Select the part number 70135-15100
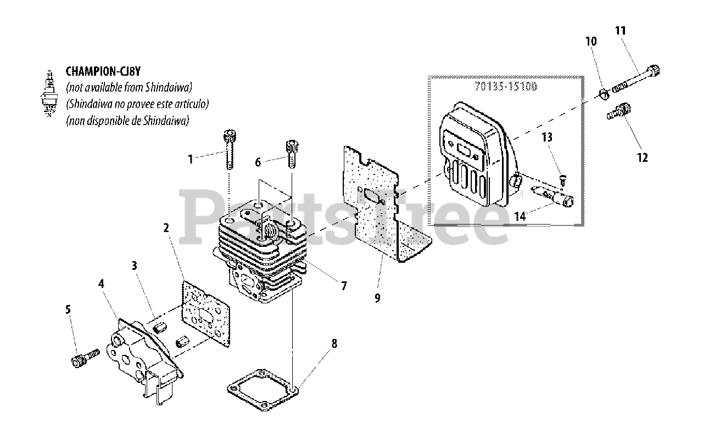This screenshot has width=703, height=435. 505,87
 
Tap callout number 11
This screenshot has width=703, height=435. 620,31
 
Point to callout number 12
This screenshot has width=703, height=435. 642,158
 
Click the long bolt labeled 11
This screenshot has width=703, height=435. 637,80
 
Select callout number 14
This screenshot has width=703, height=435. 520,216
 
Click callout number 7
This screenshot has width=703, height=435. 344,286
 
